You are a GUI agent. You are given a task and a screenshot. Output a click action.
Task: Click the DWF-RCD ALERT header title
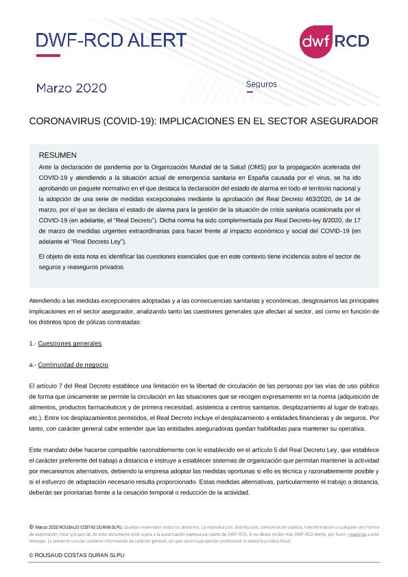(x=111, y=40)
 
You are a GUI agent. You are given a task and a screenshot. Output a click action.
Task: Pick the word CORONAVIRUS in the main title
(x=66, y=121)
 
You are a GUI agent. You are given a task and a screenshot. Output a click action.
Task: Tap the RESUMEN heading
(x=58, y=156)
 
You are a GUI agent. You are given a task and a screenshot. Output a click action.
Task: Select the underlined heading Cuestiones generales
(x=70, y=343)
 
